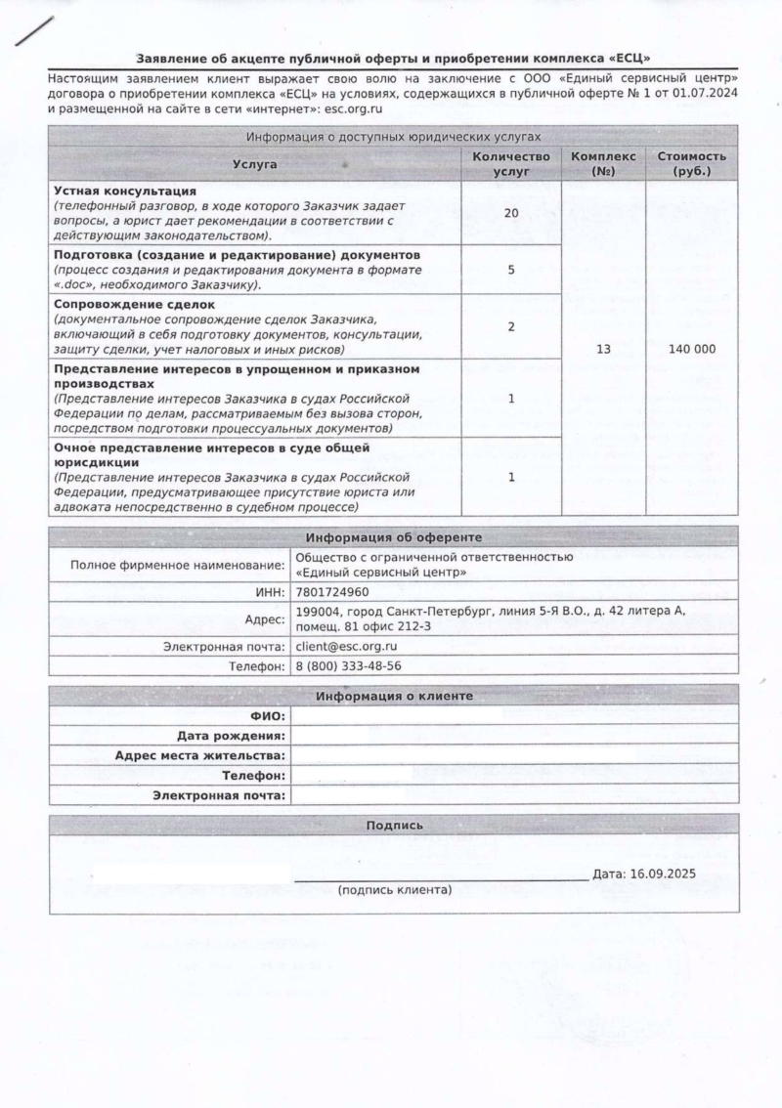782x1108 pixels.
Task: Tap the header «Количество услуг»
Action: (510, 164)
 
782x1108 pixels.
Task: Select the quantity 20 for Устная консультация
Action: (510, 212)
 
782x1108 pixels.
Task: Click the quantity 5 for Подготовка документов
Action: (510, 270)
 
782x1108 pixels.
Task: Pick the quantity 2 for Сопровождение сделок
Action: (510, 326)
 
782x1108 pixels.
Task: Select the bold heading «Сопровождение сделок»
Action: (134, 305)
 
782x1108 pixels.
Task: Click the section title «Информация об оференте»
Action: (393, 537)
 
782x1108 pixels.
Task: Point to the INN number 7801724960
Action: (331, 592)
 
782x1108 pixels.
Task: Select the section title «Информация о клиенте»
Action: (393, 696)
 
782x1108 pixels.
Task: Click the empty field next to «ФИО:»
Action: (514, 716)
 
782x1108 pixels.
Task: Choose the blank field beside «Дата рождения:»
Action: (514, 736)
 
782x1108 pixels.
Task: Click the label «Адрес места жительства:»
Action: (200, 755)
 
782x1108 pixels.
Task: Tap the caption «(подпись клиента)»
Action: (395, 890)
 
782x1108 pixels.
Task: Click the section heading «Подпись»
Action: (394, 826)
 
